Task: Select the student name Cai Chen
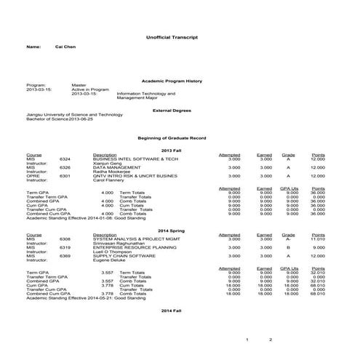(66, 47)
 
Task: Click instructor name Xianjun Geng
(108, 163)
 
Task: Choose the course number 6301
(65, 175)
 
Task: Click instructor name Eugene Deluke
(111, 260)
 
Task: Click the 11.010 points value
(317, 239)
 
